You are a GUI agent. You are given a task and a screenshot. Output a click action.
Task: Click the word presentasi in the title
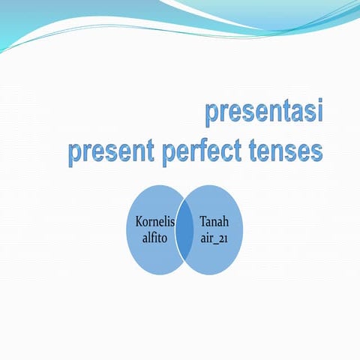264,113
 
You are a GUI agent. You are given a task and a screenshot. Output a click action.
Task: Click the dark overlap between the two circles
184,230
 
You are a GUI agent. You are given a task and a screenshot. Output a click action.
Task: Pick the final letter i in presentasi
319,112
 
